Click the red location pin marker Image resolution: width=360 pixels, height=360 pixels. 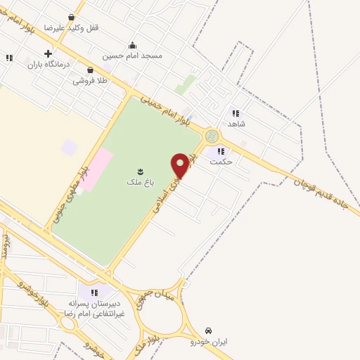coord(180,165)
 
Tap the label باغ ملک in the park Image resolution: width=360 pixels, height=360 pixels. coord(139,182)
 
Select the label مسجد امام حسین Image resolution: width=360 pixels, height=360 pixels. coord(132,55)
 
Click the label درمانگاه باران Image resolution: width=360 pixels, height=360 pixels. coord(49,65)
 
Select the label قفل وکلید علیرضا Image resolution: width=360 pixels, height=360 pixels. coord(72,27)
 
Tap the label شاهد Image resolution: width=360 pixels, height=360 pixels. coord(236,124)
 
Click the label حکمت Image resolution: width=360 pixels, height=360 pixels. coord(221,162)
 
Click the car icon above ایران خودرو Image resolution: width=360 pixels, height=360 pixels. coord(209,330)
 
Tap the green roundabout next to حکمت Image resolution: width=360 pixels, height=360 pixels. coord(211,136)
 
